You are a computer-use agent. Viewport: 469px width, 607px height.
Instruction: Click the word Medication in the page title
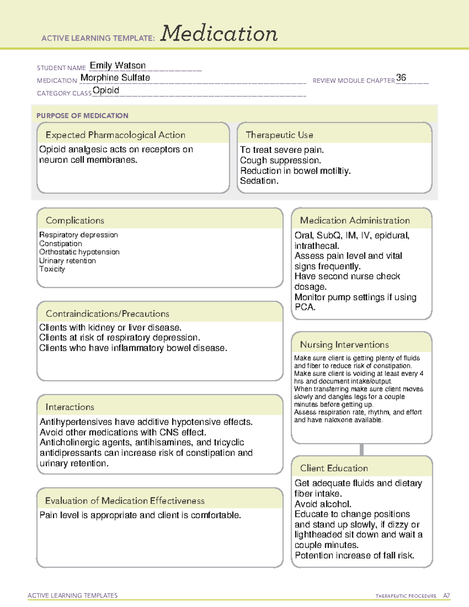coord(219,34)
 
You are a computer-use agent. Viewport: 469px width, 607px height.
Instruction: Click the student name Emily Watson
coord(118,65)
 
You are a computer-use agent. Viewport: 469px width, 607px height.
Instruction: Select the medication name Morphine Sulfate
coord(115,78)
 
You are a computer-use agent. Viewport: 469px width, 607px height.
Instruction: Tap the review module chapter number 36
coord(401,77)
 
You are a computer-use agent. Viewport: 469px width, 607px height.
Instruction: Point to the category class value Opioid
coord(106,90)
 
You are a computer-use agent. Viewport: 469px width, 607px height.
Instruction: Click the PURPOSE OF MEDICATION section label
coord(82,116)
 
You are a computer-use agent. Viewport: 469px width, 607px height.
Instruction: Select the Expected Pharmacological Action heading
coord(115,135)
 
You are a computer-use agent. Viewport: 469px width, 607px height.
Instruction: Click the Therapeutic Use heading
coord(279,135)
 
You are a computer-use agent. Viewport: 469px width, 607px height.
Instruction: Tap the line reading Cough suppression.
coord(280,160)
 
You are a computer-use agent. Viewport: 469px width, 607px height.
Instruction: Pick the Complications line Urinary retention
coord(67,261)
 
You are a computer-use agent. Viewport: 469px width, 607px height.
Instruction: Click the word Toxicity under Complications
coord(52,269)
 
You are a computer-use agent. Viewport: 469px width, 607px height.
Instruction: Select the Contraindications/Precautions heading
coord(107,313)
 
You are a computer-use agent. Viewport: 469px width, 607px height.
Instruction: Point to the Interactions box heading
coord(70,407)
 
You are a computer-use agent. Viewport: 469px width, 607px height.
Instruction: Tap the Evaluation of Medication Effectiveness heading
coord(125,501)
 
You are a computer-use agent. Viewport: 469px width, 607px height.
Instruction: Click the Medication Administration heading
coord(355,220)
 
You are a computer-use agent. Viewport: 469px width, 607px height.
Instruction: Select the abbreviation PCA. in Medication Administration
coord(305,307)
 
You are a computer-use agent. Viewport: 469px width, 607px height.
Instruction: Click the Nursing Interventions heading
coord(344,345)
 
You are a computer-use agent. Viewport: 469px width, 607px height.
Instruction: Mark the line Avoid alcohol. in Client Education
coord(323,504)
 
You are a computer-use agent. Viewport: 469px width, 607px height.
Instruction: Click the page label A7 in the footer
coord(446,596)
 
